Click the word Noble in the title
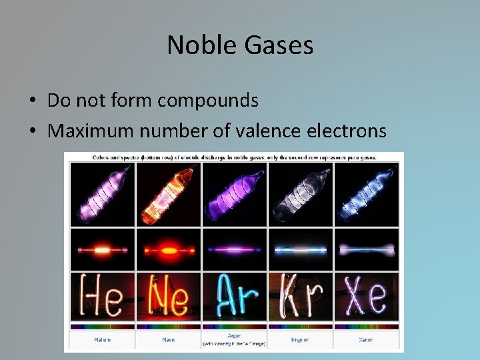198,45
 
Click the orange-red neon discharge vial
168,194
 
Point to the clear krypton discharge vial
300,194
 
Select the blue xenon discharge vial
366,194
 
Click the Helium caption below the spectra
102,339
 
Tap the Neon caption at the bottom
168,339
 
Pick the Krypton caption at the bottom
300,339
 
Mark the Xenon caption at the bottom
366,339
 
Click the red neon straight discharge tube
168,249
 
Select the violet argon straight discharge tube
234,249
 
